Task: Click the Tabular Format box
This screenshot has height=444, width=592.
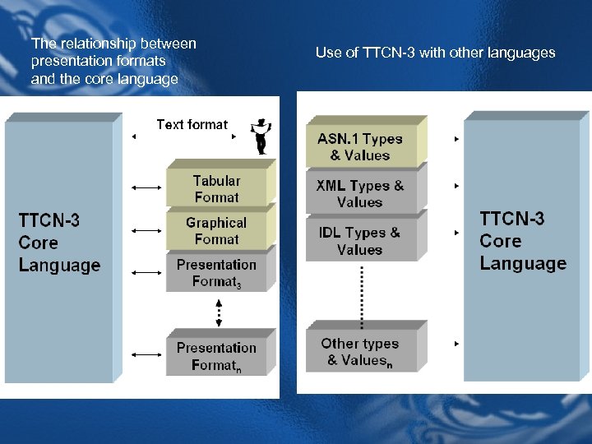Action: tap(216, 188)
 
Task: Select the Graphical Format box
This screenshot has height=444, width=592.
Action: tap(216, 230)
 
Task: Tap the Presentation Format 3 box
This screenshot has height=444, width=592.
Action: tap(216, 273)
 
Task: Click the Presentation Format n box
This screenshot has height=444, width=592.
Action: tap(216, 356)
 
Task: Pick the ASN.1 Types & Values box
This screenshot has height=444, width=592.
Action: tap(360, 146)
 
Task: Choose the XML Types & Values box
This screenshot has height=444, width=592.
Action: tap(360, 194)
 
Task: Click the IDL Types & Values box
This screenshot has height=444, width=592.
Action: tap(360, 241)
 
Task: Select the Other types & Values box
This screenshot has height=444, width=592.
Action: tap(360, 351)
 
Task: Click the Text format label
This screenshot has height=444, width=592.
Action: tap(192, 125)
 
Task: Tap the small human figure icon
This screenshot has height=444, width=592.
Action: tap(261, 135)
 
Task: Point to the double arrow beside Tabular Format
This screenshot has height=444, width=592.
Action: tap(147, 188)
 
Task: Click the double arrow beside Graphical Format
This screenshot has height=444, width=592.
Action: tap(147, 230)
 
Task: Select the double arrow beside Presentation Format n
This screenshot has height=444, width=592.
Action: tap(147, 354)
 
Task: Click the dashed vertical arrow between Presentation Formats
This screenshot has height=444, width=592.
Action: tap(219, 312)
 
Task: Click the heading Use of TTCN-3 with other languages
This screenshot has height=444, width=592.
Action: tap(435, 53)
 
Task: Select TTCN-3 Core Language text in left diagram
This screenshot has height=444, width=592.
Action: tap(59, 243)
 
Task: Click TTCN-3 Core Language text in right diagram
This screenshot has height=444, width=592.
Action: tap(522, 241)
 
